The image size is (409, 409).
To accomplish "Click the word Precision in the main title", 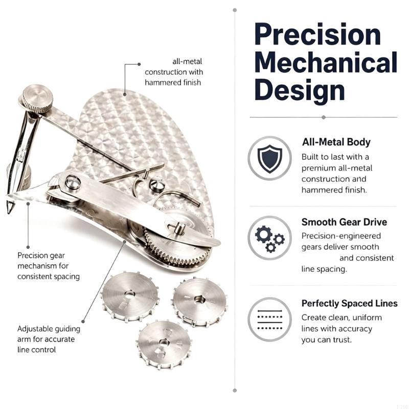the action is click(317, 35).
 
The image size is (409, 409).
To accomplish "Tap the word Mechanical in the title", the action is click(326, 62).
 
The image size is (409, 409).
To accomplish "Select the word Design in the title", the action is click(300, 90).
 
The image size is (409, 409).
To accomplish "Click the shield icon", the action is click(270, 158).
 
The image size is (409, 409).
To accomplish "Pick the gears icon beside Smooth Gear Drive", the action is click(270, 238).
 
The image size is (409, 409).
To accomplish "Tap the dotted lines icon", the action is click(270, 320).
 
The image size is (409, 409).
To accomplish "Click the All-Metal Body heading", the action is click(336, 142).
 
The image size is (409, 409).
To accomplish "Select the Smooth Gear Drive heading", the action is click(344, 222).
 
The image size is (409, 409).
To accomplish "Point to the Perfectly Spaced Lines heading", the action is click(350, 303).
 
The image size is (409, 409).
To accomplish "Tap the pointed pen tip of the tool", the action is click(9, 208).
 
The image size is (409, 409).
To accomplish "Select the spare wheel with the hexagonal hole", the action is click(200, 301).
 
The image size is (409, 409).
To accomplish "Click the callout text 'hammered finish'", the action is click(173, 82).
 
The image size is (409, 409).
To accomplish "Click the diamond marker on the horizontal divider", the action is click(324, 118).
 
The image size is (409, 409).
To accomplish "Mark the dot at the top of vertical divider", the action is click(235, 10).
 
